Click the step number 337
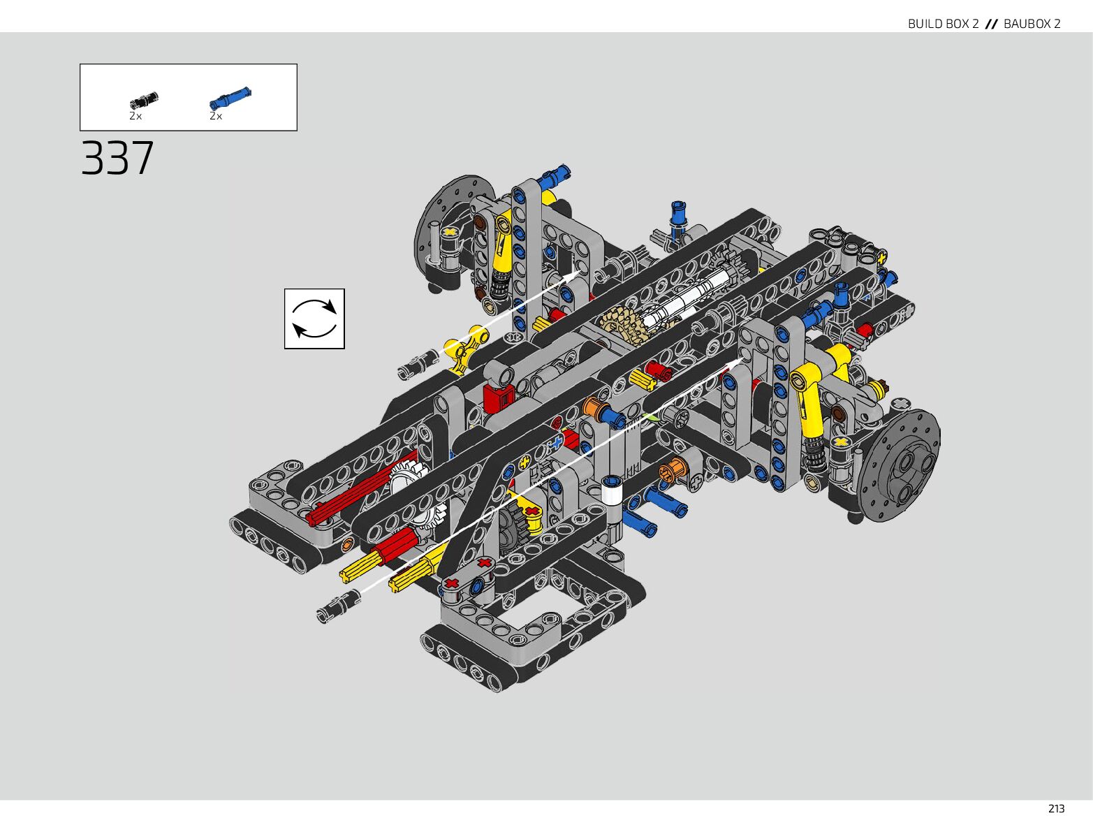[x=117, y=158]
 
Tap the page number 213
[x=1056, y=809]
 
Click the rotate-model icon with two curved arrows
[x=314, y=319]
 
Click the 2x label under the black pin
[x=135, y=116]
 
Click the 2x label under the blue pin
[x=216, y=116]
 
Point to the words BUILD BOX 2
[x=944, y=24]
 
